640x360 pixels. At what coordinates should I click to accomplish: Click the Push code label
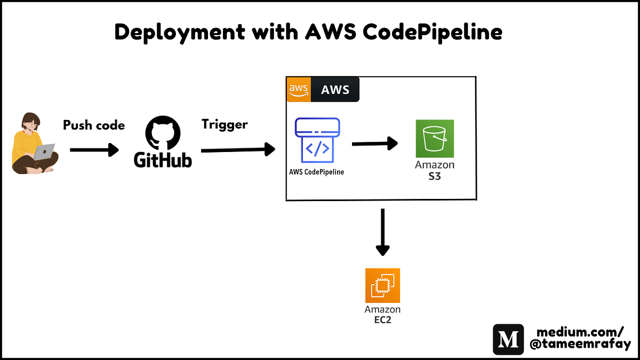click(94, 125)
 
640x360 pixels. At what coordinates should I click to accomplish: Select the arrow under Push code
click(94, 150)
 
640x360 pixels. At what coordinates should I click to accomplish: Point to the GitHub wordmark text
click(163, 159)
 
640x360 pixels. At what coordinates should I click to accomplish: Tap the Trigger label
click(225, 124)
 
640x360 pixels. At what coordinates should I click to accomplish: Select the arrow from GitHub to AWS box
click(237, 150)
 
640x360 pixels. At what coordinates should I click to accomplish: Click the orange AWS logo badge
click(298, 89)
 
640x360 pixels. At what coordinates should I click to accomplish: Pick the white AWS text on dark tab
click(335, 90)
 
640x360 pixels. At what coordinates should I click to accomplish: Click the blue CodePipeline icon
click(317, 140)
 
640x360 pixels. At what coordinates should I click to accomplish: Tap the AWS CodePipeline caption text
click(317, 172)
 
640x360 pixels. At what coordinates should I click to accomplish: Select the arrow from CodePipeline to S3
click(375, 143)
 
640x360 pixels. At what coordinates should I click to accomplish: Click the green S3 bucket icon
click(435, 138)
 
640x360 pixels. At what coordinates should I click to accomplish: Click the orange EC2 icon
click(382, 286)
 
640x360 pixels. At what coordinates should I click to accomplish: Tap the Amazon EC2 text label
click(382, 315)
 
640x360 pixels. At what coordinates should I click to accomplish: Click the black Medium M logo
click(508, 339)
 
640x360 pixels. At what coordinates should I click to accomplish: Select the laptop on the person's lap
click(45, 152)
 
